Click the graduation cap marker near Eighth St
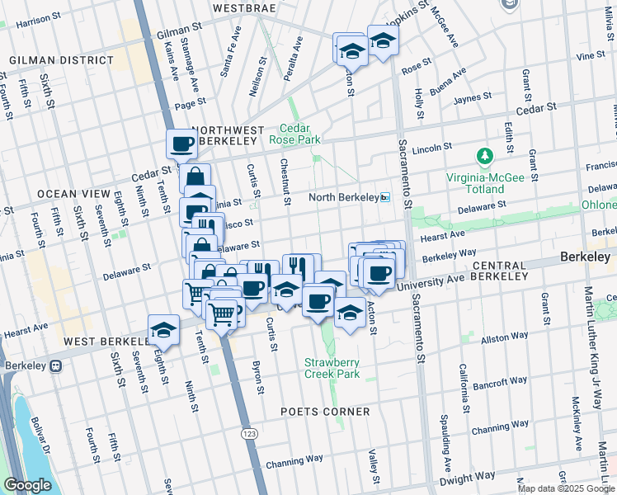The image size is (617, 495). [x=164, y=330]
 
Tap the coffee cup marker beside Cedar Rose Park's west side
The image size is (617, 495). [x=181, y=144]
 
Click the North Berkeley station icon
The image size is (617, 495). [x=384, y=198]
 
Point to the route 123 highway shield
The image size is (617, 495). [x=248, y=433]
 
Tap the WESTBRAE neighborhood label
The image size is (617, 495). [x=243, y=7]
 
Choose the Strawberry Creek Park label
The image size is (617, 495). [x=332, y=368]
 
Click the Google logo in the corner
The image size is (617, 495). [x=27, y=485]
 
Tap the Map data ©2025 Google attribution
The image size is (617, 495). [x=565, y=488]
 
